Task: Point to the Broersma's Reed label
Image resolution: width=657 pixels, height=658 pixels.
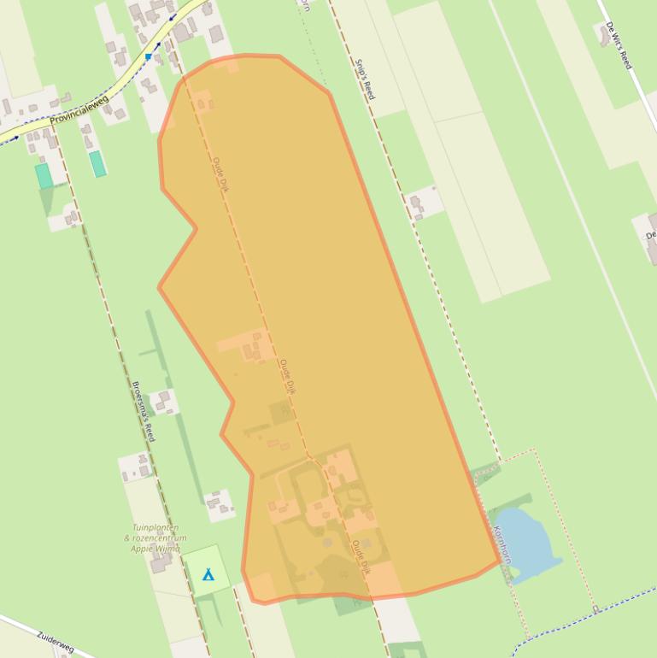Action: coord(144,411)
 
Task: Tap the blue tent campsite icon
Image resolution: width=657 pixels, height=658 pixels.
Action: coord(208,574)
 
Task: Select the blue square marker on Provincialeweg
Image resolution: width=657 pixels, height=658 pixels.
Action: coord(148,57)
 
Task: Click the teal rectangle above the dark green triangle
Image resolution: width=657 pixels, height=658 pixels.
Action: coord(44,176)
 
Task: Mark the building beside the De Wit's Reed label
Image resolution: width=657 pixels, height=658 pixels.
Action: coord(606,34)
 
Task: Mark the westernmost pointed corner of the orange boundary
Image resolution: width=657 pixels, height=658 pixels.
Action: coord(159,288)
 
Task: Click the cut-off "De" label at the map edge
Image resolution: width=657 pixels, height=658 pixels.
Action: coord(651,234)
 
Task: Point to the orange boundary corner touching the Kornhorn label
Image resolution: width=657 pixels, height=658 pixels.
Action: coord(500,561)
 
